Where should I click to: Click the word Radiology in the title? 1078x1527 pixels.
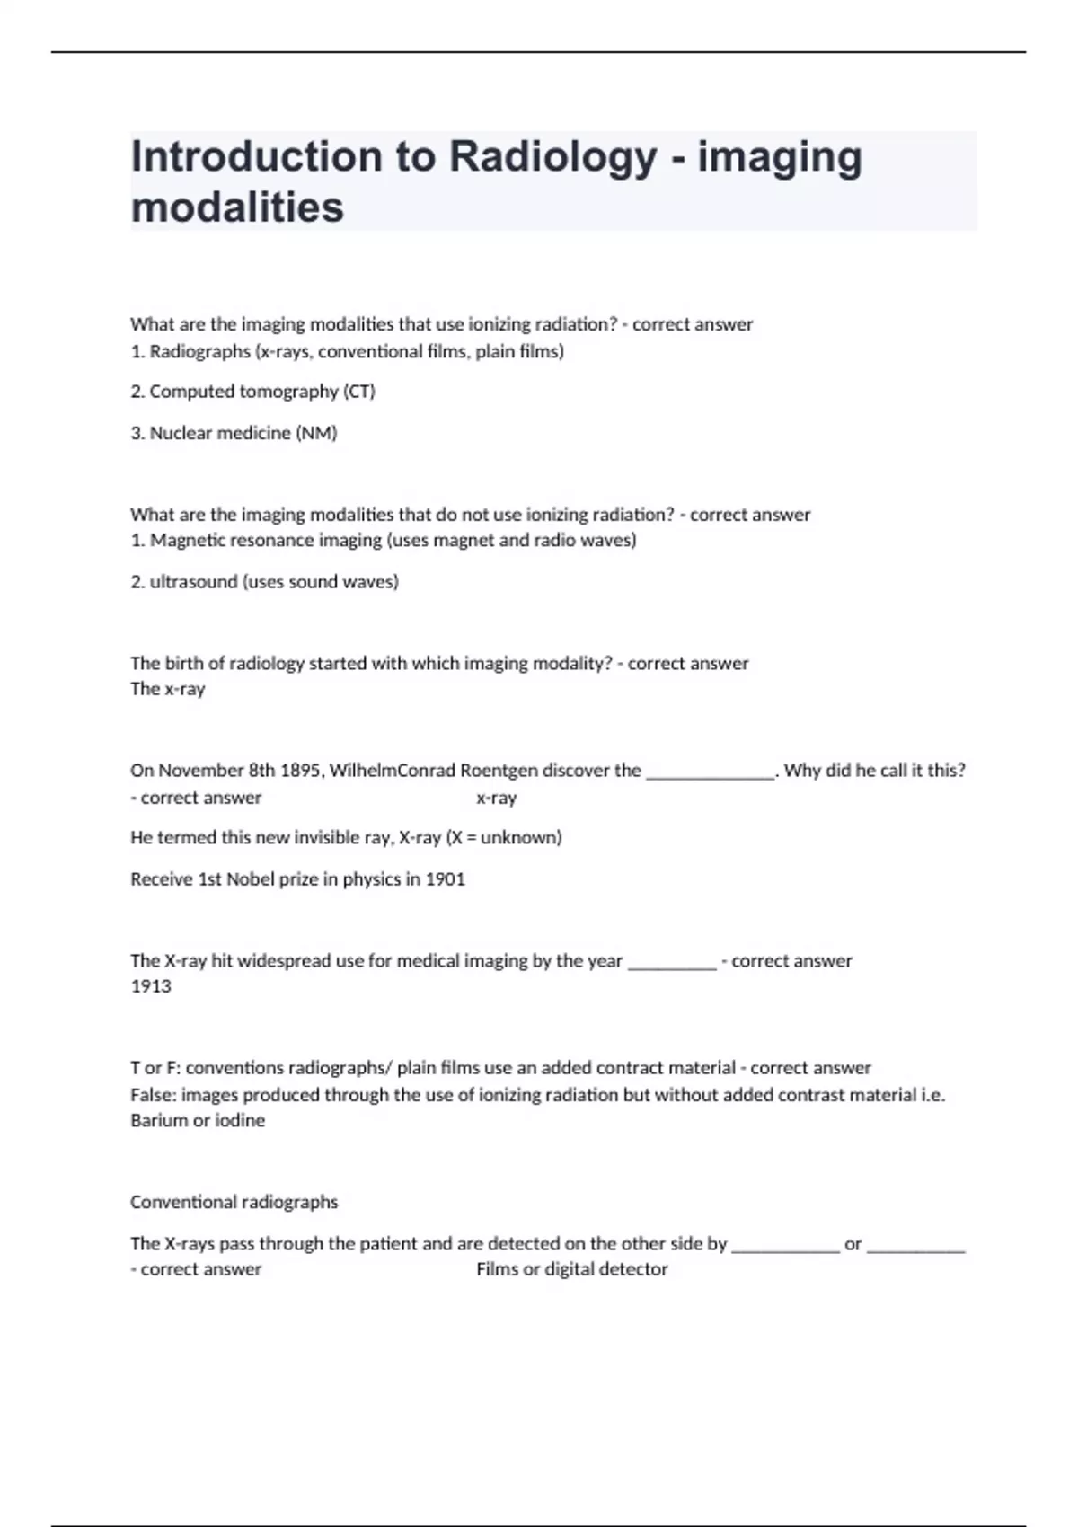(552, 157)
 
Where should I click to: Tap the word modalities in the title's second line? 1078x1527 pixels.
(237, 207)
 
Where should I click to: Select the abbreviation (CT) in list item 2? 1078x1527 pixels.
(358, 392)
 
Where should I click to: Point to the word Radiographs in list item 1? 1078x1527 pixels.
(199, 351)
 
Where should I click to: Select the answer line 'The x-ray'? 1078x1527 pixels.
(168, 689)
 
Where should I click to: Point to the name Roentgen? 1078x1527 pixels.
(499, 771)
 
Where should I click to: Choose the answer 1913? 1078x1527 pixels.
(151, 986)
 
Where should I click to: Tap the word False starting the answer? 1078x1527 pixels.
(152, 1095)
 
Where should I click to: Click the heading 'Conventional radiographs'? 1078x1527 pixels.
(234, 1202)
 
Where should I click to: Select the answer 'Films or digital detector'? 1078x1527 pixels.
(572, 1269)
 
